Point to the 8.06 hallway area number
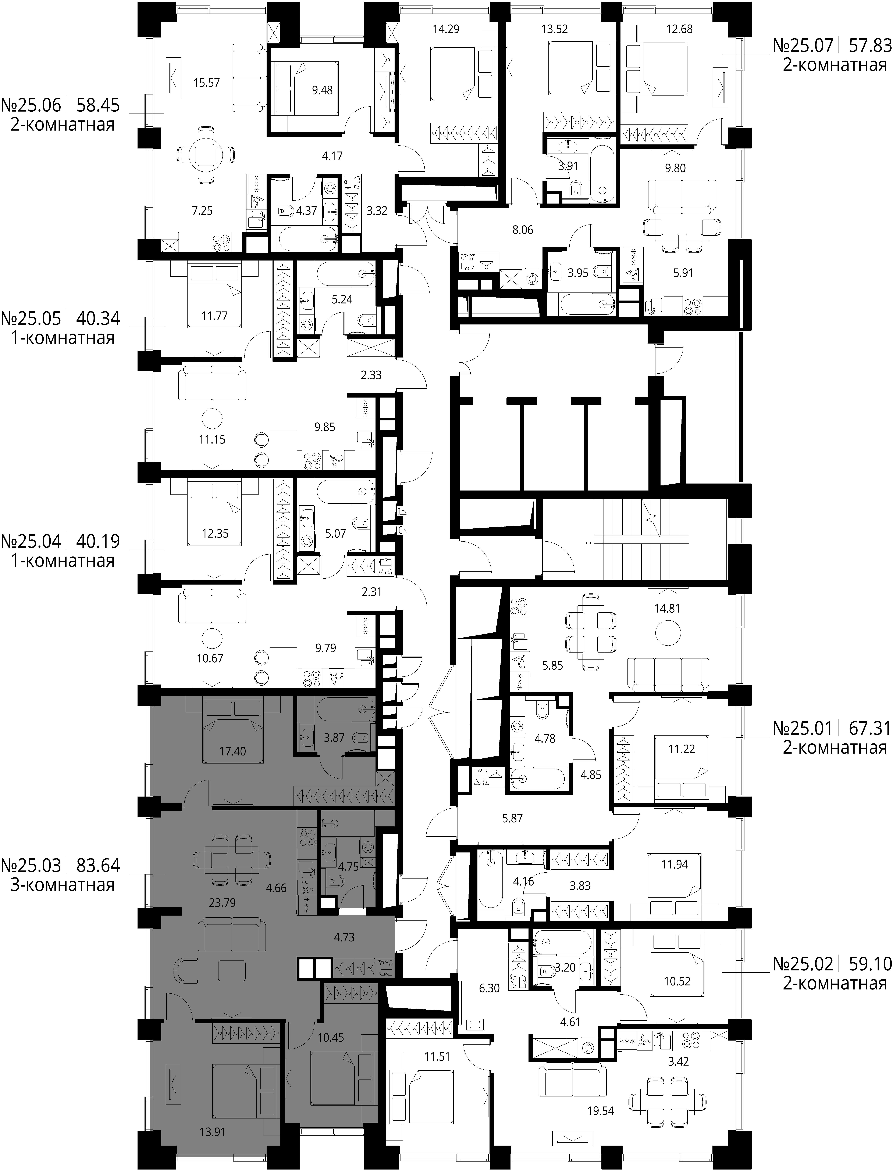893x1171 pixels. (x=523, y=230)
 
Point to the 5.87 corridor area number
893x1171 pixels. (x=512, y=818)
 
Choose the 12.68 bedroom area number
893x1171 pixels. (x=679, y=29)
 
